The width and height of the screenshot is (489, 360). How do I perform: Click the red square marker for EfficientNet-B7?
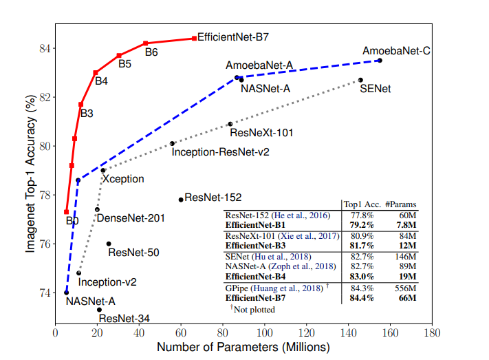click(x=194, y=39)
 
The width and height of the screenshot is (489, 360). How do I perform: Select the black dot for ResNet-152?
click(x=181, y=200)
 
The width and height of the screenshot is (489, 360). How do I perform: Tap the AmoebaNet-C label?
click(x=396, y=51)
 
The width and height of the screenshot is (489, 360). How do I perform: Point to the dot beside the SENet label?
click(x=360, y=80)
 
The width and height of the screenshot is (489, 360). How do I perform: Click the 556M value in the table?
click(x=401, y=288)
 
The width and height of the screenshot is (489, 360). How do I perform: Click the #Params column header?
click(x=400, y=204)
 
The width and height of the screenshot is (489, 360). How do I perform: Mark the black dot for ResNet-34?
click(x=99, y=310)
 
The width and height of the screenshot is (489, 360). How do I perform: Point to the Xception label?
click(x=123, y=179)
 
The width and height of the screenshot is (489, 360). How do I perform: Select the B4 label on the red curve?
click(x=101, y=81)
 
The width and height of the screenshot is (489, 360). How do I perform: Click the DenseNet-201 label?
click(x=131, y=219)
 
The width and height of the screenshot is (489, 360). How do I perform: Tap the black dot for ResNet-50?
click(x=109, y=244)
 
